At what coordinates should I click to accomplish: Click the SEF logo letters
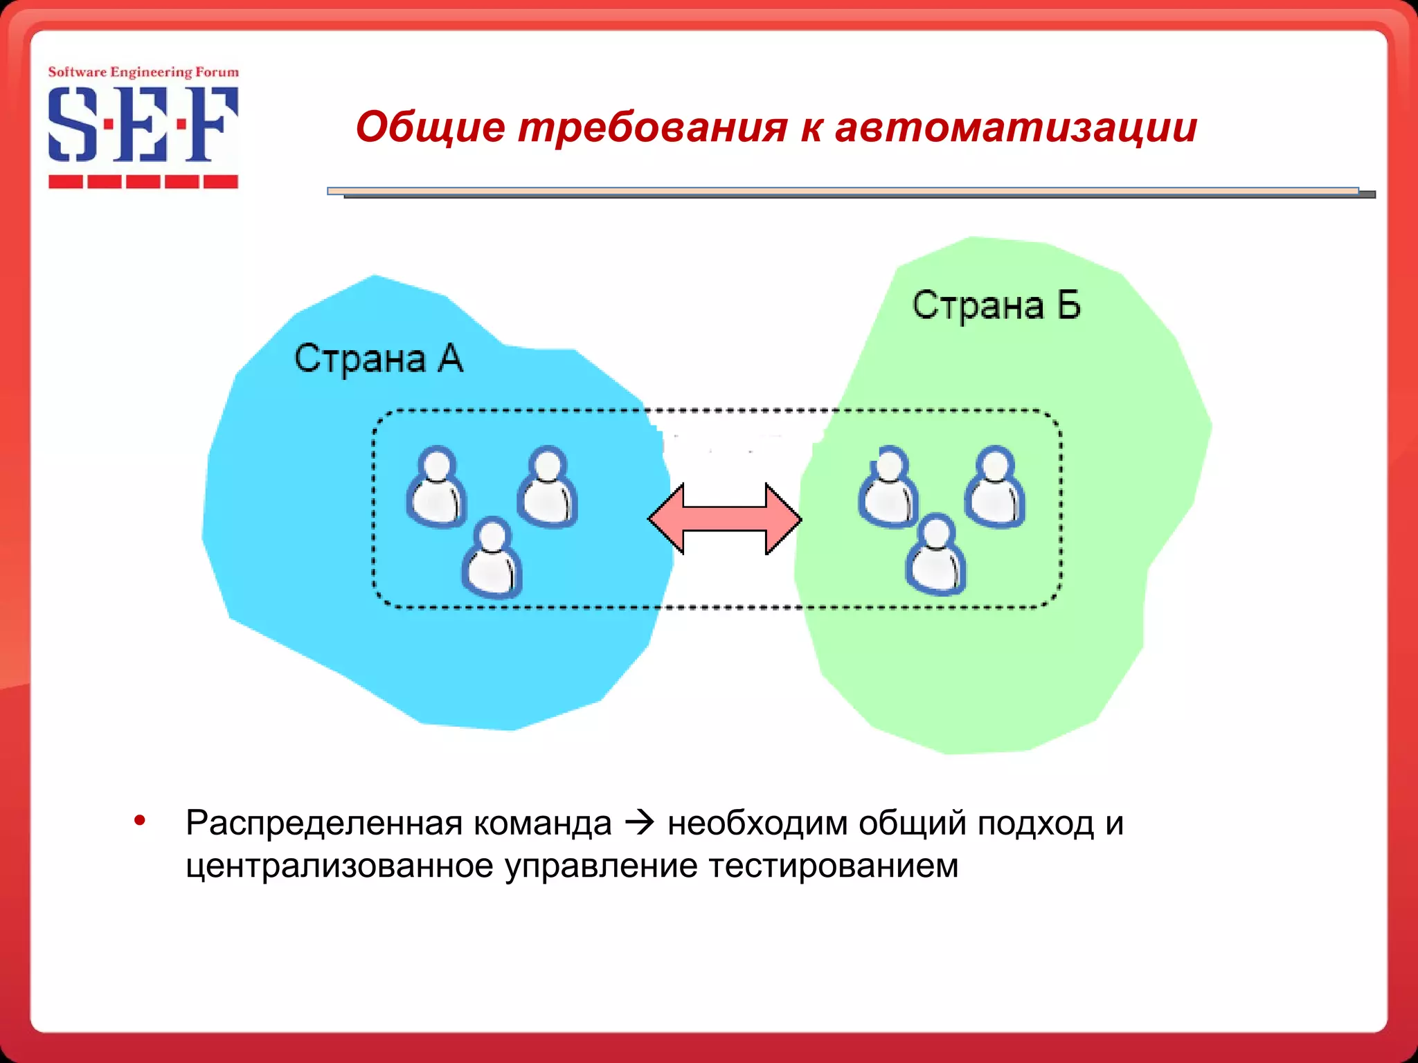(x=143, y=125)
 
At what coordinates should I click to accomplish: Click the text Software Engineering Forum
(x=143, y=72)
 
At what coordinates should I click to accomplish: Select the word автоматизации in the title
(x=1016, y=127)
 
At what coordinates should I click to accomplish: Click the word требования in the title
(x=652, y=127)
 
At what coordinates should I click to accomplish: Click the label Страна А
(x=378, y=358)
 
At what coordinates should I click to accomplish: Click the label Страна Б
(x=996, y=305)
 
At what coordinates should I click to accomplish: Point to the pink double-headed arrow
(x=724, y=519)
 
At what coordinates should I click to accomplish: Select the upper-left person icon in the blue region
(x=436, y=487)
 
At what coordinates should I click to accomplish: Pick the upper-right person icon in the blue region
(x=547, y=487)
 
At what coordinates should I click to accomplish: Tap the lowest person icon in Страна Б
(x=935, y=555)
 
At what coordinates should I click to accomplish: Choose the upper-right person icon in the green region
(x=995, y=487)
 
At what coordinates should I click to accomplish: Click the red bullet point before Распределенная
(x=140, y=821)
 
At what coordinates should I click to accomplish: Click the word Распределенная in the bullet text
(x=323, y=824)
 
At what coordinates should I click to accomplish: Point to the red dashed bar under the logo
(x=143, y=182)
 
